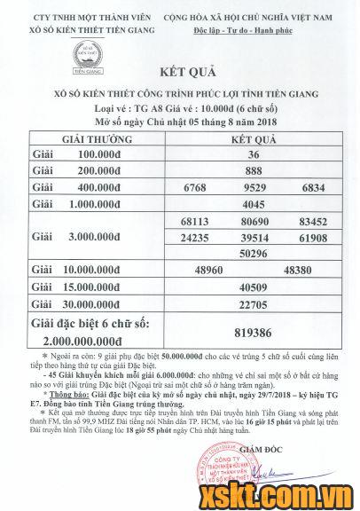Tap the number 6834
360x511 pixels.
(310, 187)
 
